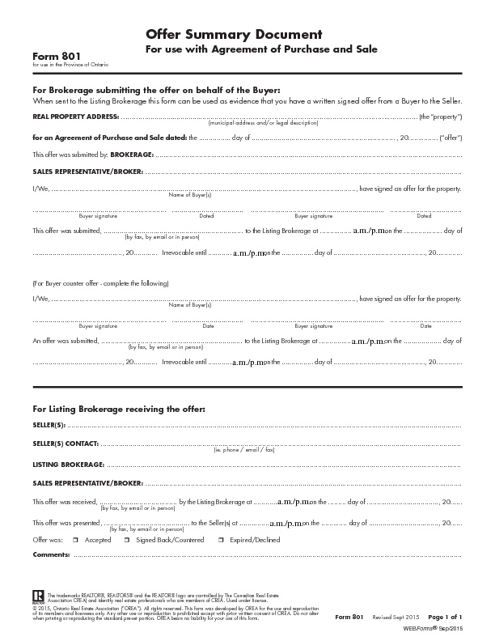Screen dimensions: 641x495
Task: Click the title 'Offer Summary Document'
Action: pos(234,34)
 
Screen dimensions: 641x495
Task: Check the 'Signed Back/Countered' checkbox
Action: pos(129,539)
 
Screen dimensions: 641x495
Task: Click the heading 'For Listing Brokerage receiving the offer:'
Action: pos(119,409)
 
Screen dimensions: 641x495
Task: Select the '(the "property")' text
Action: pos(441,117)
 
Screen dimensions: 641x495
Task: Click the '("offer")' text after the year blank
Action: pos(451,138)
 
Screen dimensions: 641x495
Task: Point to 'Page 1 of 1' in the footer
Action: pos(445,618)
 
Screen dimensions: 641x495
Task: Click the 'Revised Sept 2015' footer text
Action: pos(394,618)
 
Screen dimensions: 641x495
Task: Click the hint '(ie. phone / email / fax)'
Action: pos(245,449)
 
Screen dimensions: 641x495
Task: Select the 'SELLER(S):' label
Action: pos(49,424)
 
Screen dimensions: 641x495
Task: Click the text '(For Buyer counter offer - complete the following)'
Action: pos(100,284)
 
